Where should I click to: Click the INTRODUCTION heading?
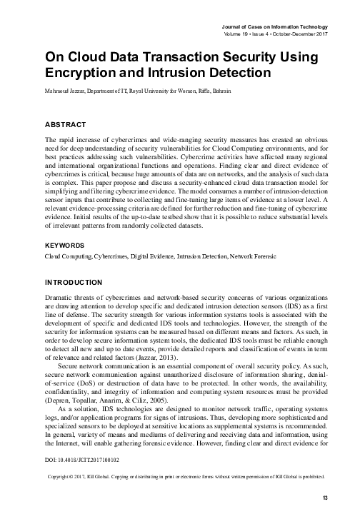[x=78, y=282]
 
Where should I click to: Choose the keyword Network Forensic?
[x=281, y=255]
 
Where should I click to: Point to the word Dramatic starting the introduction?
[x=61, y=297]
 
